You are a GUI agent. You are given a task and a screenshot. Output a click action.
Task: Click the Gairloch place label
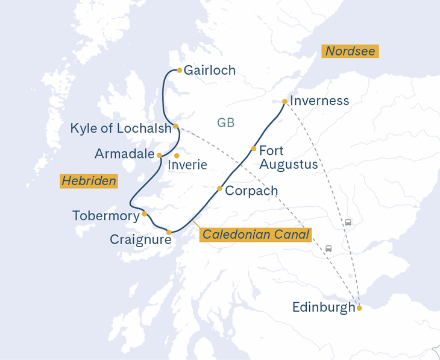coord(209,71)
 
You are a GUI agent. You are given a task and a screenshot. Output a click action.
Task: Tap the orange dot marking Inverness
coord(284,101)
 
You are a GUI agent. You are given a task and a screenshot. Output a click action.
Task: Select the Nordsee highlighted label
coord(350,51)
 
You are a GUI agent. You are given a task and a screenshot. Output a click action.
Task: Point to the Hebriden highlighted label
coord(89,181)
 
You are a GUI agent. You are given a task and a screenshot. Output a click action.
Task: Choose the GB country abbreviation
coord(225,123)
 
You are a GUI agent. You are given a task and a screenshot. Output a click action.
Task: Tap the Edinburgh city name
coord(324,308)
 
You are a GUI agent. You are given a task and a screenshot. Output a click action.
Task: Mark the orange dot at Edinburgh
coord(359,308)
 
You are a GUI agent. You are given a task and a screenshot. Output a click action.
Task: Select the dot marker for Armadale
coord(159,155)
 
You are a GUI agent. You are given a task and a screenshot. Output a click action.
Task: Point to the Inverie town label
coord(187,165)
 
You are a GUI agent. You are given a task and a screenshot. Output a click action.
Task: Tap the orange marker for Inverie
coord(177,156)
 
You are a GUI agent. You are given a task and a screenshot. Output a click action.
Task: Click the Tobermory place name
coord(105,215)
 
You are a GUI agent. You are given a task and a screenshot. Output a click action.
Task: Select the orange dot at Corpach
coord(219,189)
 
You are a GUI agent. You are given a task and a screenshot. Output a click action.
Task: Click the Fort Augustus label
coord(288,157)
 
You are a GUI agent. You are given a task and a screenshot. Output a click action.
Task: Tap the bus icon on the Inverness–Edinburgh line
coord(348,223)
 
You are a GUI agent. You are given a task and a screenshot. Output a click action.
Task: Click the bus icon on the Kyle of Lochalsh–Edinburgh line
coord(328,248)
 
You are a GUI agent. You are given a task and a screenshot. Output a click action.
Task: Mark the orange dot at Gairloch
coord(179,70)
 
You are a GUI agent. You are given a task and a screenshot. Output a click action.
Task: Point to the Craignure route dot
coord(169,232)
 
